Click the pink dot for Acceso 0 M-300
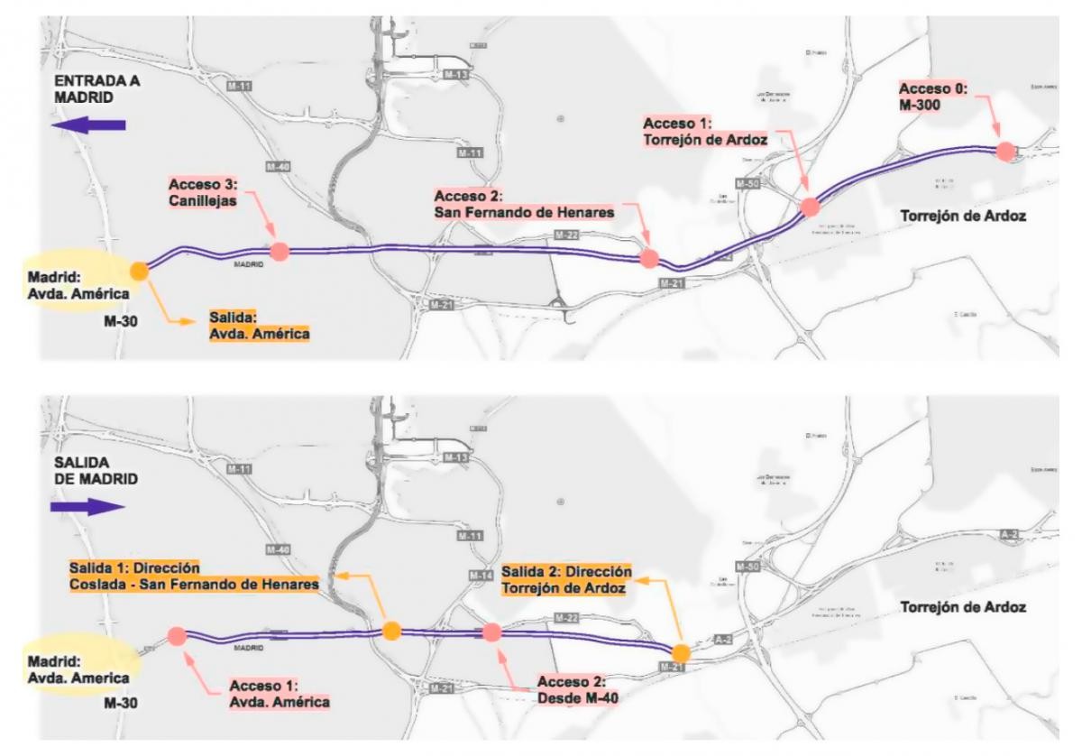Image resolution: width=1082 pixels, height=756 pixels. [1005, 152]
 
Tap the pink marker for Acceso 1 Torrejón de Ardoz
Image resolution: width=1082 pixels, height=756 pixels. [810, 207]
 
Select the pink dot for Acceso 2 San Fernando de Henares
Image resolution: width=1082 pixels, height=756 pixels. [648, 259]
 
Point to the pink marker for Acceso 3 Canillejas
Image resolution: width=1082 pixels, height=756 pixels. [279, 253]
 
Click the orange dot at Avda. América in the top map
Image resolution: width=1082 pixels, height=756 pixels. [139, 270]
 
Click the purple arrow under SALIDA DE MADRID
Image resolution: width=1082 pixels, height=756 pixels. [87, 507]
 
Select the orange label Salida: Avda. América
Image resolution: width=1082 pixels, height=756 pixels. [259, 327]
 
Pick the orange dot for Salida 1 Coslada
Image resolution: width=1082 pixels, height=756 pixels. [391, 631]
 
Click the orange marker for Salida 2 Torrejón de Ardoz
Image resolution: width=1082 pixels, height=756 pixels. [681, 652]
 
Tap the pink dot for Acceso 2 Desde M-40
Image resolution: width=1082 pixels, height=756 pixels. [491, 632]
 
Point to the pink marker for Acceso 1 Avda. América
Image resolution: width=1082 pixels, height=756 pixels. [176, 636]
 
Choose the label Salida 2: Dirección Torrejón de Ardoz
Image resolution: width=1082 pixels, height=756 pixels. [565, 579]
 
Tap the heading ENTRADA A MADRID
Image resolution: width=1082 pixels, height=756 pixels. [95, 88]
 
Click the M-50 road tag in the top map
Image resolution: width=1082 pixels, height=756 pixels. [747, 184]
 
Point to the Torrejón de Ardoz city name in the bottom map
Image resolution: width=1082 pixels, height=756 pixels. [963, 607]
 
